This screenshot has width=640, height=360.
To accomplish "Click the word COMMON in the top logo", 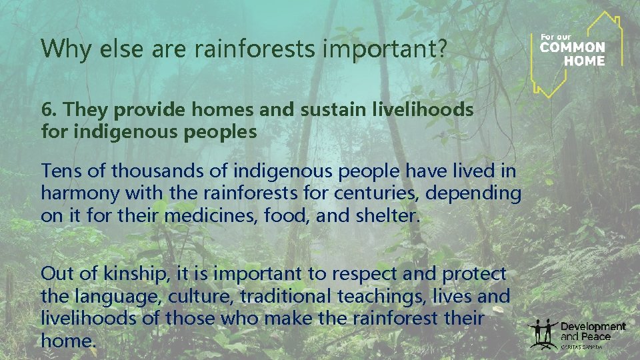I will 572,48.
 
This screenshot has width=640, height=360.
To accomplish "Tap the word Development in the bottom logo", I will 593,326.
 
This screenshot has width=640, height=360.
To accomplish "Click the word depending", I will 481,193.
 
